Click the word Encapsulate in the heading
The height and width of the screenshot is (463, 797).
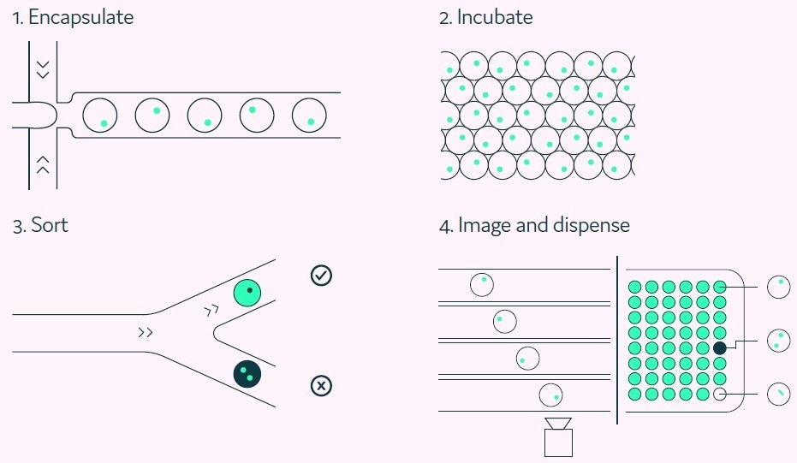[x=80, y=18]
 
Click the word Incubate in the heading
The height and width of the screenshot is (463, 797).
[x=495, y=18]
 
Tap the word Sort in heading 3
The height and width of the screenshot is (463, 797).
[x=50, y=226]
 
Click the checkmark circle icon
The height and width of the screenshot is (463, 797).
[x=321, y=276]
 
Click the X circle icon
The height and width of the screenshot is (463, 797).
[x=321, y=386]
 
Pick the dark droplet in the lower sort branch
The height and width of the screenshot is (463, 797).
[x=247, y=373]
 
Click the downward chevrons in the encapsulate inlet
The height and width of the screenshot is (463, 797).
[x=43, y=68]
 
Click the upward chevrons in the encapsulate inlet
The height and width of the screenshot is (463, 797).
[x=43, y=164]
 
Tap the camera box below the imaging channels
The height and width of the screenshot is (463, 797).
[x=558, y=442]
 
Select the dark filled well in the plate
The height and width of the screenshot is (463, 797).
[x=720, y=348]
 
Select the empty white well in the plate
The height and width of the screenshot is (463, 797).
[x=720, y=395]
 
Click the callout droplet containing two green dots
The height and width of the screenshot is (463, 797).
[x=779, y=341]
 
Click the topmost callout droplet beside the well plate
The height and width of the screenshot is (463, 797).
[x=779, y=287]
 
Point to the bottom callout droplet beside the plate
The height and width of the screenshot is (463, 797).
[x=779, y=394]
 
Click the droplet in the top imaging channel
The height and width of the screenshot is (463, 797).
[x=482, y=284]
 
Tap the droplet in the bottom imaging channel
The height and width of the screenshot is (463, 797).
[x=552, y=395]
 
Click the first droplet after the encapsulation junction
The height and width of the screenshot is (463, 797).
[x=100, y=116]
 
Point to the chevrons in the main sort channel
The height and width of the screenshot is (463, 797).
[x=146, y=332]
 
